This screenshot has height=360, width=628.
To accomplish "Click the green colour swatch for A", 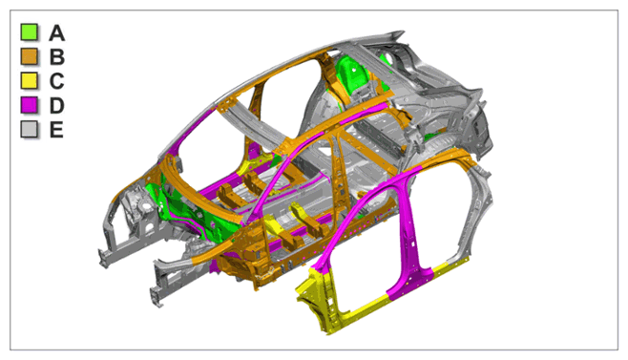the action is click(30, 32).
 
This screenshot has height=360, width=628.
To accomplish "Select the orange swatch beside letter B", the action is click(30, 56).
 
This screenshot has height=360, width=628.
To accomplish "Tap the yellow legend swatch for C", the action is click(30, 81).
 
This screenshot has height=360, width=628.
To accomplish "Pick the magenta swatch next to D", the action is click(30, 105).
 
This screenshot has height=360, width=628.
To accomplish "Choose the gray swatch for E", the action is click(30, 130).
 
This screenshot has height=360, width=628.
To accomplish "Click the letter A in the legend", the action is click(57, 32).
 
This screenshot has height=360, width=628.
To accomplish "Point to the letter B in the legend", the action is click(57, 57).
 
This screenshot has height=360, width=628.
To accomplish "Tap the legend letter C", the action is click(57, 81).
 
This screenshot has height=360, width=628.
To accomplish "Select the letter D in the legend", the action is click(57, 105).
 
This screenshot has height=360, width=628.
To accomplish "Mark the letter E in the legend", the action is click(56, 130).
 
